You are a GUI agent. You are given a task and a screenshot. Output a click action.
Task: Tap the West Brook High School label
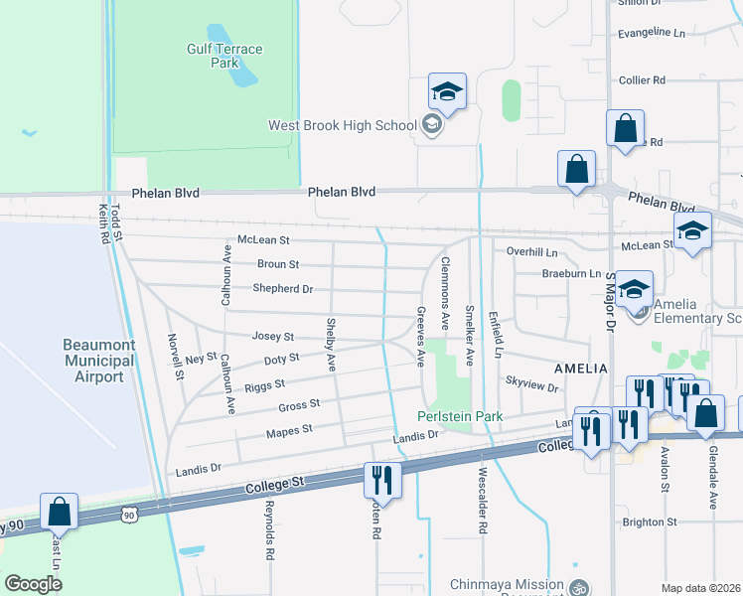click(x=342, y=125)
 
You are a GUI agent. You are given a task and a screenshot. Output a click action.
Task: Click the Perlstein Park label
click(x=461, y=416)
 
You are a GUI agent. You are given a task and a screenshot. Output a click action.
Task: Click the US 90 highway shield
click(x=128, y=514)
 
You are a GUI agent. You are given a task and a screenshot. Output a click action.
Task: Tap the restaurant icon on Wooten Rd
click(x=381, y=480)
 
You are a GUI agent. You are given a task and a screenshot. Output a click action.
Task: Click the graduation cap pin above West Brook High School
click(x=448, y=92)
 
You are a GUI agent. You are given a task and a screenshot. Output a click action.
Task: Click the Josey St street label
click(x=273, y=337)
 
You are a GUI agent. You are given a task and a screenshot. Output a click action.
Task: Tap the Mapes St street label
click(x=289, y=430)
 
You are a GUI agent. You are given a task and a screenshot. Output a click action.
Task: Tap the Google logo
click(x=33, y=584)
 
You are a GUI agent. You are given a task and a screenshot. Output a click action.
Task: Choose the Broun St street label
click(x=278, y=265)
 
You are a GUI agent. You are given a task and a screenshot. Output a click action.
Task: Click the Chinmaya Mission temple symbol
click(x=578, y=586)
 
